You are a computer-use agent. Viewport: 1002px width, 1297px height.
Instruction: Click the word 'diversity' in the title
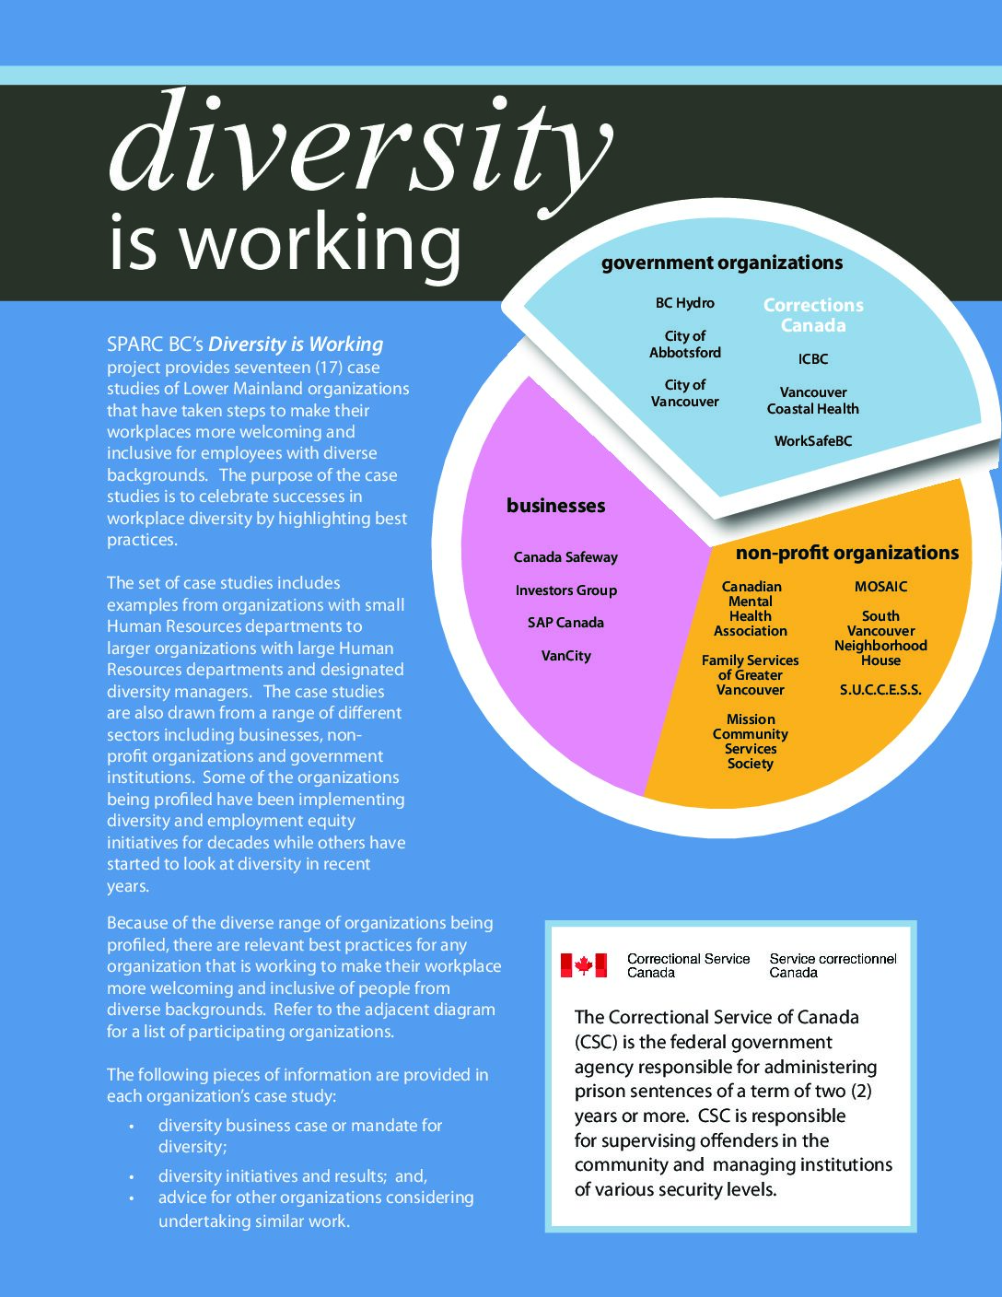pyautogui.click(x=359, y=147)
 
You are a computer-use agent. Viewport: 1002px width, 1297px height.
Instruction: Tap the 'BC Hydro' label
pyautogui.click(x=684, y=303)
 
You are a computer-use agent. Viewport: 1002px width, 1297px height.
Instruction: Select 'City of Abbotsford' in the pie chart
pyautogui.click(x=685, y=345)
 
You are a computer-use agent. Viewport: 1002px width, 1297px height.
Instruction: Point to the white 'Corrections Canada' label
pyautogui.click(x=813, y=315)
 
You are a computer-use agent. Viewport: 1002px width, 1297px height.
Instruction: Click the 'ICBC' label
pyautogui.click(x=813, y=359)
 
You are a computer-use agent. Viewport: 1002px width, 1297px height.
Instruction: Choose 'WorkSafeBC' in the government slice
pyautogui.click(x=813, y=441)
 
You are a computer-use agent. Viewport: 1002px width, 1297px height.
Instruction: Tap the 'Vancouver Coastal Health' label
pyautogui.click(x=813, y=401)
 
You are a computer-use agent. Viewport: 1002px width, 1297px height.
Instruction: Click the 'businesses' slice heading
pyautogui.click(x=556, y=506)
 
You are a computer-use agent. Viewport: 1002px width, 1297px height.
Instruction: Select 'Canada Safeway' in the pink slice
pyautogui.click(x=565, y=557)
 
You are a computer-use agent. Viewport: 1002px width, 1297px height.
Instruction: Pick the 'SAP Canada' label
pyautogui.click(x=565, y=623)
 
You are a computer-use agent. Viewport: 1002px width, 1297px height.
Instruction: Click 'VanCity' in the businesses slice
pyautogui.click(x=565, y=656)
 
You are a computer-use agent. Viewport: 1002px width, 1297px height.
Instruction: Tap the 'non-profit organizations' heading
pyautogui.click(x=847, y=553)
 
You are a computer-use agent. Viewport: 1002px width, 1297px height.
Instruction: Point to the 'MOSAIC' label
pyautogui.click(x=880, y=587)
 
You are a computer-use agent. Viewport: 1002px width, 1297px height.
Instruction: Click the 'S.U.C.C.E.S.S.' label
pyautogui.click(x=880, y=690)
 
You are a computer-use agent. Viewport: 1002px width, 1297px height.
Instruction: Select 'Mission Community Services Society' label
pyautogui.click(x=751, y=742)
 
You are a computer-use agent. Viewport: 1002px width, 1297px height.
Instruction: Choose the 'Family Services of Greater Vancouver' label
pyautogui.click(x=751, y=675)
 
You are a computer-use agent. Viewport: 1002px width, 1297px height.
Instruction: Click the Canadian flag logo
pyautogui.click(x=584, y=965)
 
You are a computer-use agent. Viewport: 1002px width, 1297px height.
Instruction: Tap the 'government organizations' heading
pyautogui.click(x=722, y=263)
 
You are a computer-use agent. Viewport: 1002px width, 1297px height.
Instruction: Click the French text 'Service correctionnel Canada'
pyautogui.click(x=833, y=965)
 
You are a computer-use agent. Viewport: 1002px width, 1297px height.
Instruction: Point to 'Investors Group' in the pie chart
pyautogui.click(x=565, y=590)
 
